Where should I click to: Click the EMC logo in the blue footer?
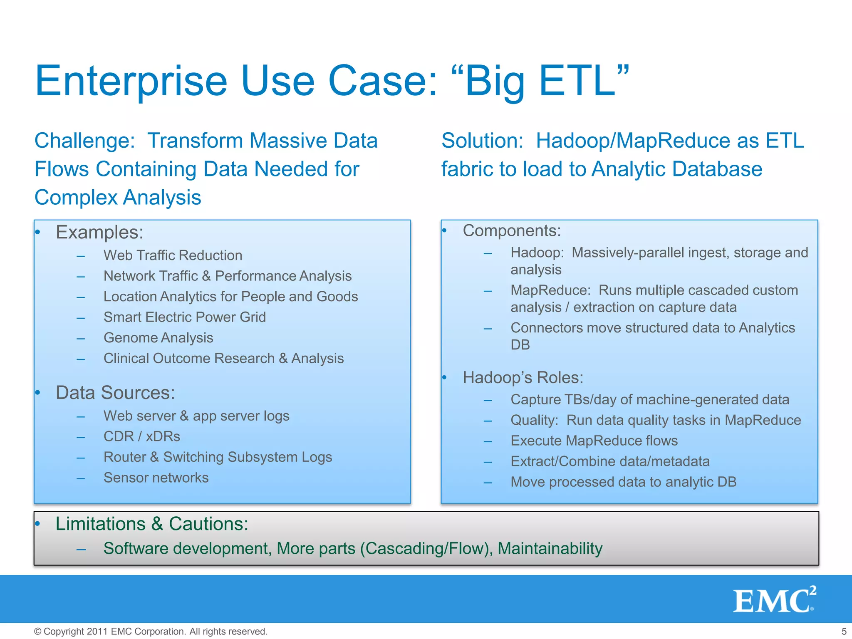click(774, 600)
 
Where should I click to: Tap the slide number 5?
click(844, 632)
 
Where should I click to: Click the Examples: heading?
click(99, 232)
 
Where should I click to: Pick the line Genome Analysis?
click(158, 338)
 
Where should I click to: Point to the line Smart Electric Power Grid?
click(184, 317)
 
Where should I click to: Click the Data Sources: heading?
click(115, 393)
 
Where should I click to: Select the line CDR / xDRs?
click(141, 436)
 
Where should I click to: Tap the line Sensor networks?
click(156, 478)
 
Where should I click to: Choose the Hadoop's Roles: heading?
click(523, 378)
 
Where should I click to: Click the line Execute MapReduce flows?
click(594, 441)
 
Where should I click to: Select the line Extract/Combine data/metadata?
click(610, 461)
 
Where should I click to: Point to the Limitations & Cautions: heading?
click(152, 524)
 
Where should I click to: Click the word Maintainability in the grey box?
click(550, 549)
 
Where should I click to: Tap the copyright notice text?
click(151, 632)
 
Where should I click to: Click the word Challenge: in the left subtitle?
click(84, 141)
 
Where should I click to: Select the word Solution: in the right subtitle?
click(482, 141)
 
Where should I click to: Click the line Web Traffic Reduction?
click(173, 255)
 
